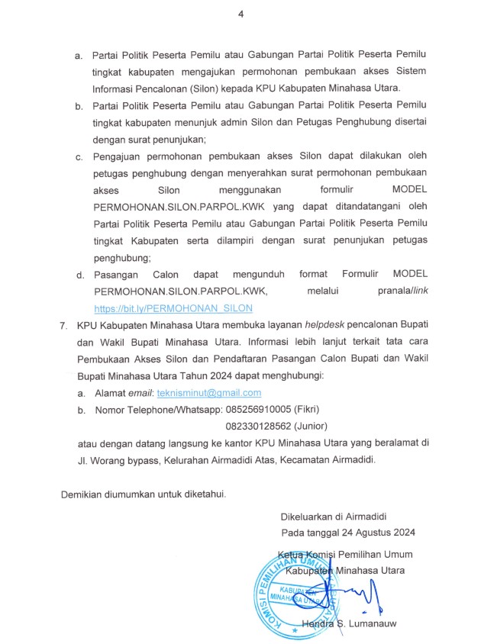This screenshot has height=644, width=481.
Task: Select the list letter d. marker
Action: coord(79,274)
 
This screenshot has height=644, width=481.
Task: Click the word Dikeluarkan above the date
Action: coord(308,516)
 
